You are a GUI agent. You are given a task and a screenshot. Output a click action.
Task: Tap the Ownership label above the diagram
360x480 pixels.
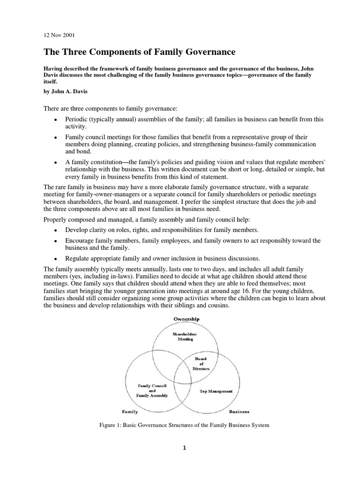186,319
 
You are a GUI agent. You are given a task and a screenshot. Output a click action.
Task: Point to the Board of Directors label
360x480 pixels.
201,364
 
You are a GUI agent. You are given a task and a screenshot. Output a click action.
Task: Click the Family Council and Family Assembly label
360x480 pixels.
152,390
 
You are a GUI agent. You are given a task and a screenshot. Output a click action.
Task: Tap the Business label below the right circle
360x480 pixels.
239,412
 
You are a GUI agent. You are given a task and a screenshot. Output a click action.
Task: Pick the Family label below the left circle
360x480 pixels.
130,412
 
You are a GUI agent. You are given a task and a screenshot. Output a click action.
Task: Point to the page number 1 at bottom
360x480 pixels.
185,448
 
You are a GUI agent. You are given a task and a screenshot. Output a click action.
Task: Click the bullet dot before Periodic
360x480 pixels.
55,120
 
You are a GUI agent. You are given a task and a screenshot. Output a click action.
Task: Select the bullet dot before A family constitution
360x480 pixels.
55,162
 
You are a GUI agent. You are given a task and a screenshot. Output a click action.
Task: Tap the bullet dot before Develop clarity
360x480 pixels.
55,230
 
